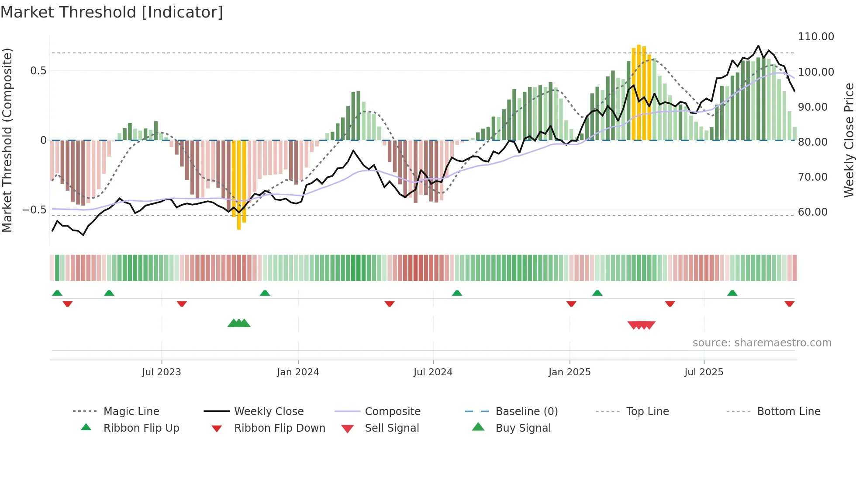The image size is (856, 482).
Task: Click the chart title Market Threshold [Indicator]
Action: [x=112, y=12]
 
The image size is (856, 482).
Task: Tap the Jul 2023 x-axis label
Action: [x=161, y=372]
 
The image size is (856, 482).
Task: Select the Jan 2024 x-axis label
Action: [x=298, y=372]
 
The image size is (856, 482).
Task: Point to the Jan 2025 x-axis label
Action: [x=569, y=372]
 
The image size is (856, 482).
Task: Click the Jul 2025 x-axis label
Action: [x=704, y=372]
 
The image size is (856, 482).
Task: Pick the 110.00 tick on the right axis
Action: [x=815, y=37]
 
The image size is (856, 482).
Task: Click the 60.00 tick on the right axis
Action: [x=812, y=212]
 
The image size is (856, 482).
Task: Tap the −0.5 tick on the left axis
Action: [x=34, y=210]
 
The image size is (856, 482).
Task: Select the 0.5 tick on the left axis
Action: [x=38, y=71]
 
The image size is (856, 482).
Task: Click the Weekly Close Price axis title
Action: [x=849, y=140]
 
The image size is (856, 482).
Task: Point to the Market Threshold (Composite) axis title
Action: [x=7, y=140]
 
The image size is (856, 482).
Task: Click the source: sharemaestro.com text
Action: [x=762, y=343]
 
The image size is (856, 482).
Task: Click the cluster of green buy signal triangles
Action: [x=239, y=323]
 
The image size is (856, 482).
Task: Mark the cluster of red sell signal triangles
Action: [x=641, y=325]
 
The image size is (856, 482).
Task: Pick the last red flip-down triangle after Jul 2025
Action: [x=789, y=304]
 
